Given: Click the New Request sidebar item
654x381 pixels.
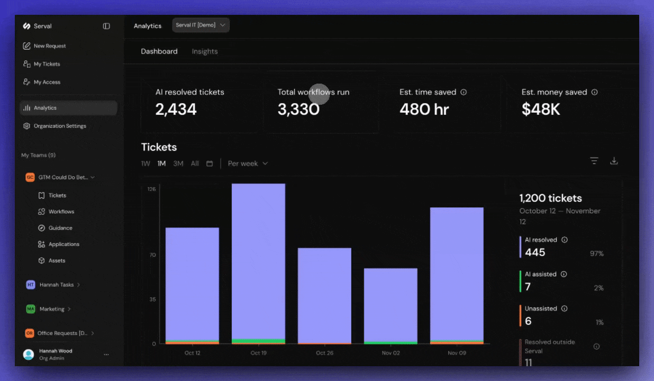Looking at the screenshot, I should (x=49, y=46).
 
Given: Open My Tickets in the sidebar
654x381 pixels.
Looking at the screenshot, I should (x=47, y=64).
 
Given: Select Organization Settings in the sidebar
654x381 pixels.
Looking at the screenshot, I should (x=59, y=126).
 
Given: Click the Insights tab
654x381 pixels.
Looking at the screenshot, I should (x=205, y=51).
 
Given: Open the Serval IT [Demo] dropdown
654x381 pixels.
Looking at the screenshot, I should (x=201, y=25).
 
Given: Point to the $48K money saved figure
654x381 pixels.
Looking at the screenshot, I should (x=540, y=110).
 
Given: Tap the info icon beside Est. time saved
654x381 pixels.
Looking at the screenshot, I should (x=464, y=92).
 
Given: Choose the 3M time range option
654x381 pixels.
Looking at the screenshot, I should (x=178, y=164).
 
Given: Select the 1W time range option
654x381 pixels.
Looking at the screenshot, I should (x=146, y=164).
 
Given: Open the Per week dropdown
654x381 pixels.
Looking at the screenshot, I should (x=248, y=164).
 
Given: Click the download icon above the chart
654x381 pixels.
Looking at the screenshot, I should (x=614, y=161).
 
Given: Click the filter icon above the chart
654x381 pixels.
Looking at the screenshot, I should (x=594, y=161).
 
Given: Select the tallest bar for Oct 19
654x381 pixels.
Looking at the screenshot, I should (x=258, y=259).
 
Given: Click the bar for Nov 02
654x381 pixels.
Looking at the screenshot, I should (x=390, y=304).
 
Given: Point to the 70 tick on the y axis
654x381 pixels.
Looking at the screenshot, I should (x=152, y=255).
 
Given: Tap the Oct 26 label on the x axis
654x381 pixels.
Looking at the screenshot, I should (x=324, y=353).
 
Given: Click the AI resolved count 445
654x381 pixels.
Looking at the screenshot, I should (x=535, y=252).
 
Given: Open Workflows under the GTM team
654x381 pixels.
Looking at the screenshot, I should (x=61, y=212).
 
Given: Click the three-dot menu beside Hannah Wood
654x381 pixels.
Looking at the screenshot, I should (x=106, y=355).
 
